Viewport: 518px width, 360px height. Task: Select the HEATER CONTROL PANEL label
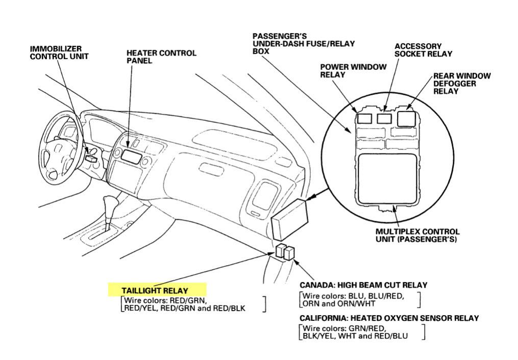click(161, 57)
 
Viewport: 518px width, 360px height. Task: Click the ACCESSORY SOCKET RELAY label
click(423, 50)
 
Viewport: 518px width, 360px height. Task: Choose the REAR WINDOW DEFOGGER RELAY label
click(461, 84)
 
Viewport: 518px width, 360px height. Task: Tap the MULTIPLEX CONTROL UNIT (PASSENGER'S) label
click(417, 235)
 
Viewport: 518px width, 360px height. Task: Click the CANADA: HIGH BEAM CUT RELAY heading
click(363, 285)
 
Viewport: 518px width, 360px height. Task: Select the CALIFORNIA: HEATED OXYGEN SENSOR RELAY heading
click(389, 318)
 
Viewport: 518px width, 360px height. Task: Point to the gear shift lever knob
click(108, 201)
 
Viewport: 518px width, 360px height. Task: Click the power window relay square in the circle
click(365, 118)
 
